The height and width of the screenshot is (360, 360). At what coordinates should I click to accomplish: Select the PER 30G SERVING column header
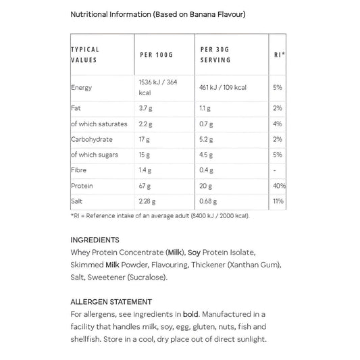tap(215, 55)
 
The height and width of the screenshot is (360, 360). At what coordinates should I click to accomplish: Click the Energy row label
tap(82, 88)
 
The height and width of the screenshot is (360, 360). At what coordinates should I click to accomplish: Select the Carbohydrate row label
tap(92, 140)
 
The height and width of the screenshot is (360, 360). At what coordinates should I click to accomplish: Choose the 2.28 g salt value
tap(148, 201)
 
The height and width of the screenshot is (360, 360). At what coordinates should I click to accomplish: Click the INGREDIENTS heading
tap(95, 240)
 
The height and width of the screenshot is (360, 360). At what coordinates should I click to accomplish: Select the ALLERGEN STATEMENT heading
tap(111, 302)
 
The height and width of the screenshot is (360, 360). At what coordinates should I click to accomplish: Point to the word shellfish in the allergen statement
tap(88, 340)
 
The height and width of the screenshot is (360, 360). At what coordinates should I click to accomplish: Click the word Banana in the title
tap(198, 14)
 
